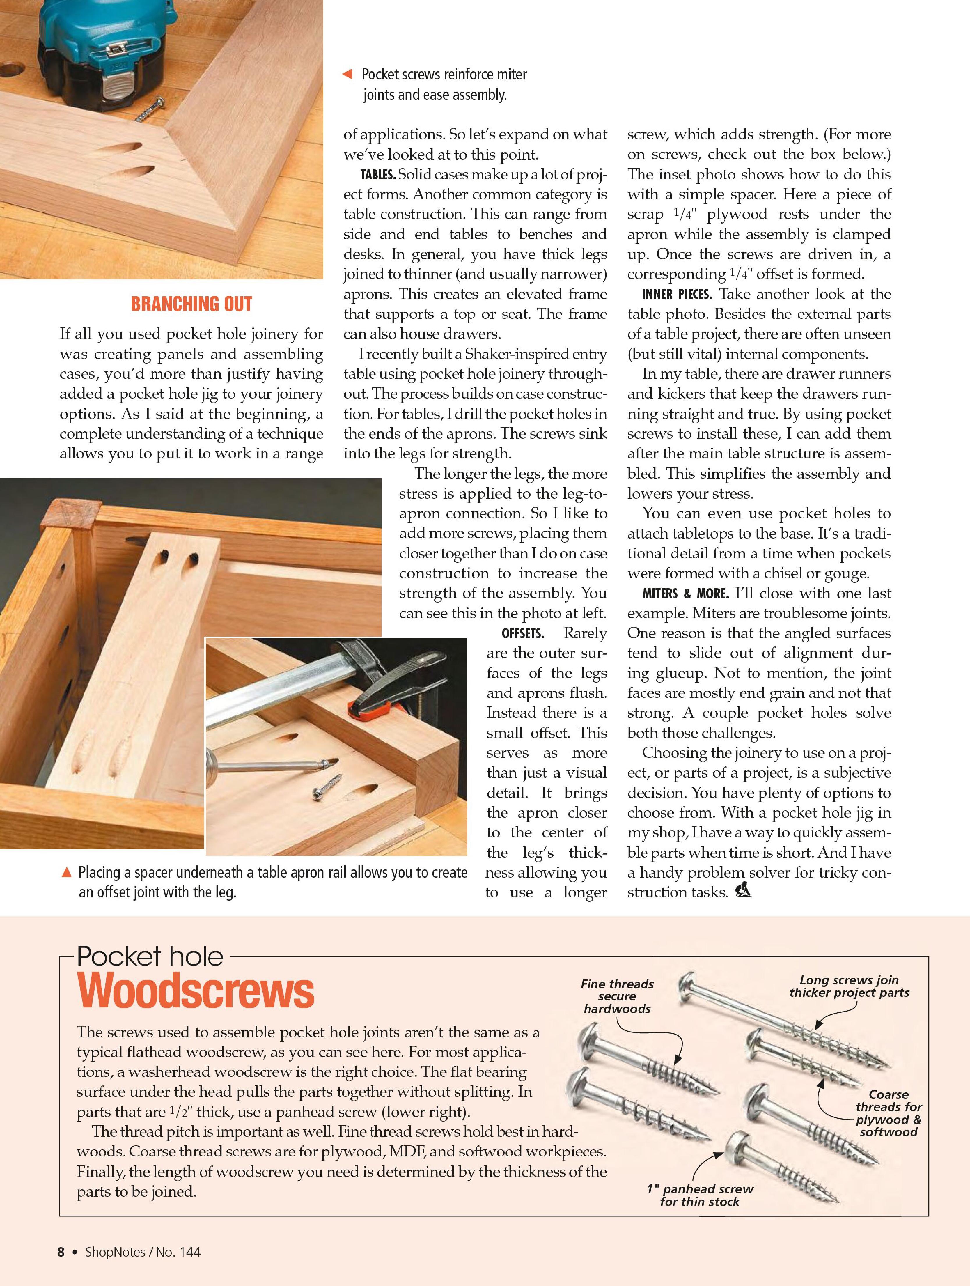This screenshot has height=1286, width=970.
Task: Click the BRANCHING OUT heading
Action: click(191, 304)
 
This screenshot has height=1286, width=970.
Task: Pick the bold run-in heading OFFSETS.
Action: click(522, 633)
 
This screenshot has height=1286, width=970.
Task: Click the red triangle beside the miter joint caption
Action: click(347, 75)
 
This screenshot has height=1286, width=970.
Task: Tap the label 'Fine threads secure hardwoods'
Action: click(617, 996)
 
